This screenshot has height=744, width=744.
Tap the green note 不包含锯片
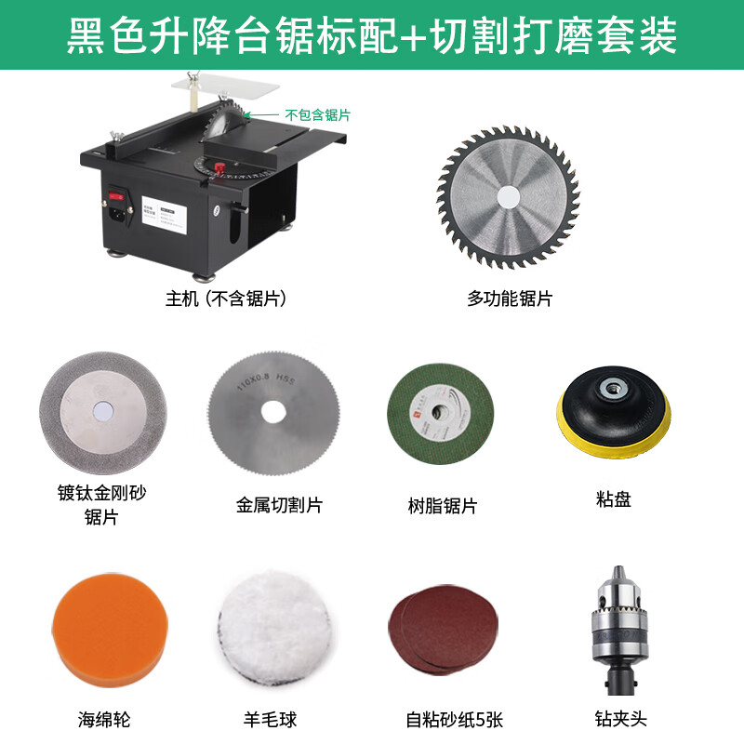[317, 115]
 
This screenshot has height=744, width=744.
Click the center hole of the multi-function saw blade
[508, 197]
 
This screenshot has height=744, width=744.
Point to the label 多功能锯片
[509, 299]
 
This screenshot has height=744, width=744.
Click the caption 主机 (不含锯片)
[225, 299]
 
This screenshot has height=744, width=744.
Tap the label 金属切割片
[279, 506]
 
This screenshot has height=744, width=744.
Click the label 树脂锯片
[443, 506]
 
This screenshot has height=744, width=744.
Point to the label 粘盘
[613, 499]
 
